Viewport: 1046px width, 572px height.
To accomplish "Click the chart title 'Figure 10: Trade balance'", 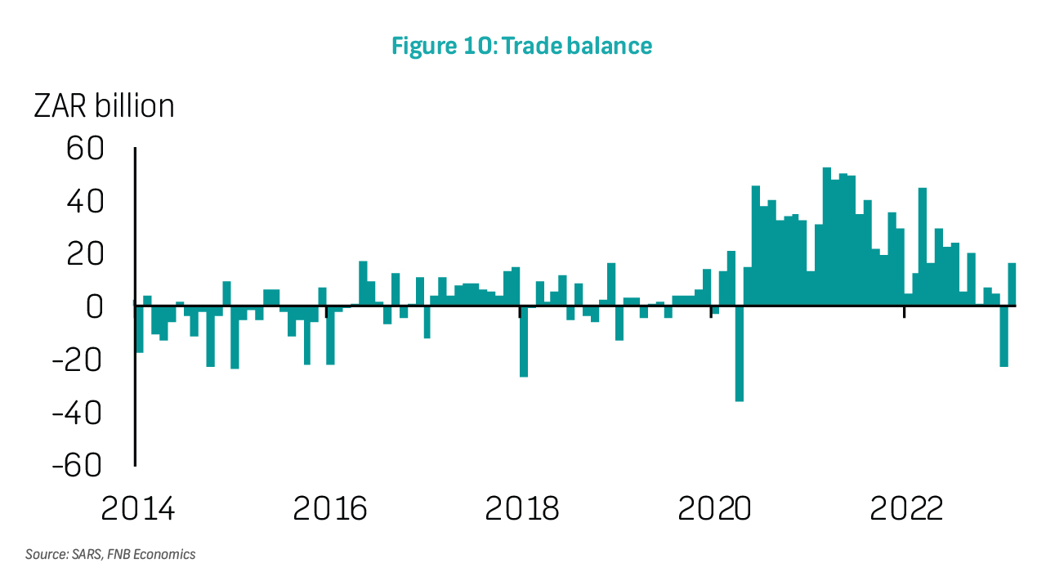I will (521, 46).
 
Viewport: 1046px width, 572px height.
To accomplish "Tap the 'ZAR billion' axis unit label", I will (104, 106).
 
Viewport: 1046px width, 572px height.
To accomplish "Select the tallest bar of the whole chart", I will (827, 237).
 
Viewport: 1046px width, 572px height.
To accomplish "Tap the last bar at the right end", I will (1012, 284).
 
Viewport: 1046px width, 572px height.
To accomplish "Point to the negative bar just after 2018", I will (524, 342).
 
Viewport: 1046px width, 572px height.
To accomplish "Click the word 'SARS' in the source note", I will (84, 555).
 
